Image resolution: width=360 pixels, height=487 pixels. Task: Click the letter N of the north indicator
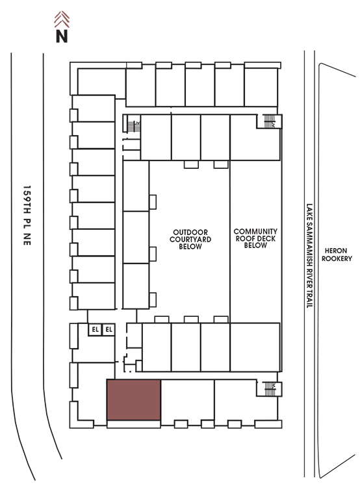pos(62,36)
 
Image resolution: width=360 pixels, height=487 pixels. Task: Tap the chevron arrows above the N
pos(62,19)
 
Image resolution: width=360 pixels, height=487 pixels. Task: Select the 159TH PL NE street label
pos(27,216)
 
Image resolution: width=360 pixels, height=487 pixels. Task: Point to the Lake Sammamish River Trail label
pos(309,256)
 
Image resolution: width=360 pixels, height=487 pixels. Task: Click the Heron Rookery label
pos(337,255)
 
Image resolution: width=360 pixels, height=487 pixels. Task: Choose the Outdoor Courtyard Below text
pos(190,240)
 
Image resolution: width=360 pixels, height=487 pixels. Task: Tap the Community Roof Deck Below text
pos(255,238)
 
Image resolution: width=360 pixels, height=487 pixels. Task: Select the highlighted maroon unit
pos(134,400)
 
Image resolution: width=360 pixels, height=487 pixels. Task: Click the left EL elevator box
pos(95,329)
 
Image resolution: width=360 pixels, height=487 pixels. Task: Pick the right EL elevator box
pos(109,329)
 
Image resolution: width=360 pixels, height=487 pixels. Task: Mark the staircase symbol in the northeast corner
pos(269,121)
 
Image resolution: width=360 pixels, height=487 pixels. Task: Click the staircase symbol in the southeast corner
pos(270,389)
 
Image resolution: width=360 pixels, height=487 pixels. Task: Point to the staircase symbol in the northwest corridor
pos(134,126)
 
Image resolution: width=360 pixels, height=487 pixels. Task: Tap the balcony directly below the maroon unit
pos(134,424)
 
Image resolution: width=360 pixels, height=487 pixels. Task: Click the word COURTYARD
pos(190,240)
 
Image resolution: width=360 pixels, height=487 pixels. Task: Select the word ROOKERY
pos(337,258)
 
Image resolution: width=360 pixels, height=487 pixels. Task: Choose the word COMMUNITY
pos(255,231)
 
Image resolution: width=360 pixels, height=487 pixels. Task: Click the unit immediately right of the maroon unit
pos(187,400)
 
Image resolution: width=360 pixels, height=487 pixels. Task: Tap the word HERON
pos(336,251)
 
